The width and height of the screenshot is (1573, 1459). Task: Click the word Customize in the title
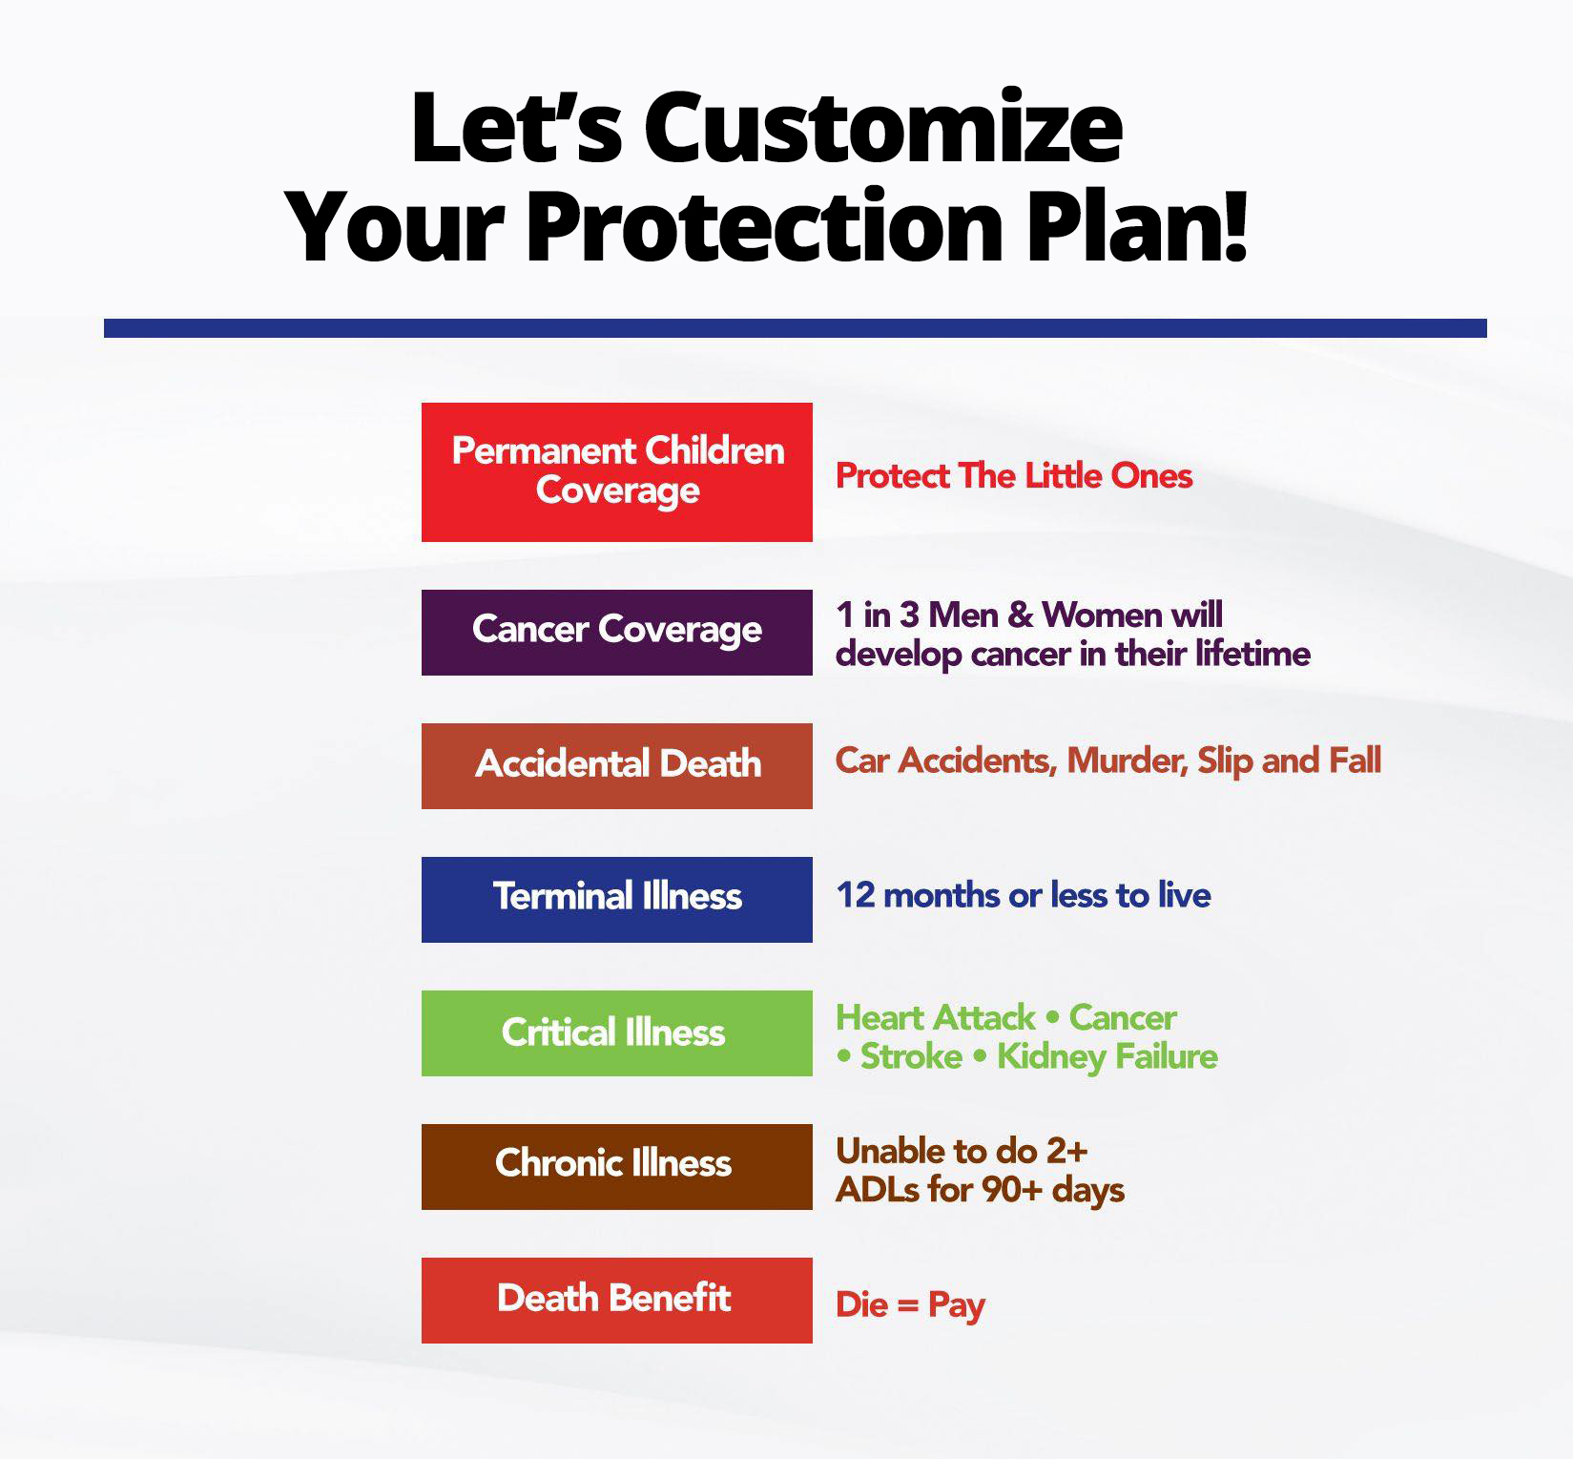pyautogui.click(x=883, y=128)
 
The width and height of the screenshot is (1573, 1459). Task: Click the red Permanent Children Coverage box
pyautogui.click(x=617, y=472)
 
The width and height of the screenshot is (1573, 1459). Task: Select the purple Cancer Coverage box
pyautogui.click(x=617, y=633)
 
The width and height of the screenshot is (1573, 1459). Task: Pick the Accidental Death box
pyautogui.click(x=617, y=766)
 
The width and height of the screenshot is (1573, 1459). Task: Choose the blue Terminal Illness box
pyautogui.click(x=617, y=900)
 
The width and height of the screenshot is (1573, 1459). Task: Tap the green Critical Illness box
pyautogui.click(x=617, y=1033)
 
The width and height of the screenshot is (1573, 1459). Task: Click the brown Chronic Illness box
pyautogui.click(x=617, y=1167)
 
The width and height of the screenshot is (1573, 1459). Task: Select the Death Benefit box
pyautogui.click(x=617, y=1301)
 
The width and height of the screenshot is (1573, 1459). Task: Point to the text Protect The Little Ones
pyautogui.click(x=1014, y=475)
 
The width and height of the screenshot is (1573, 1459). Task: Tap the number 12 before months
pyautogui.click(x=856, y=895)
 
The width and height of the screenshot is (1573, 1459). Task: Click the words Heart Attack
pyautogui.click(x=936, y=1017)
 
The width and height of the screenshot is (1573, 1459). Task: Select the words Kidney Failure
pyautogui.click(x=1107, y=1056)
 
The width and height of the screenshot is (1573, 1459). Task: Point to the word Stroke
pyautogui.click(x=911, y=1056)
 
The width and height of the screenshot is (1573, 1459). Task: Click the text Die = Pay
pyautogui.click(x=910, y=1304)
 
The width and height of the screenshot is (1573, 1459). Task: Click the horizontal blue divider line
pyautogui.click(x=796, y=328)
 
